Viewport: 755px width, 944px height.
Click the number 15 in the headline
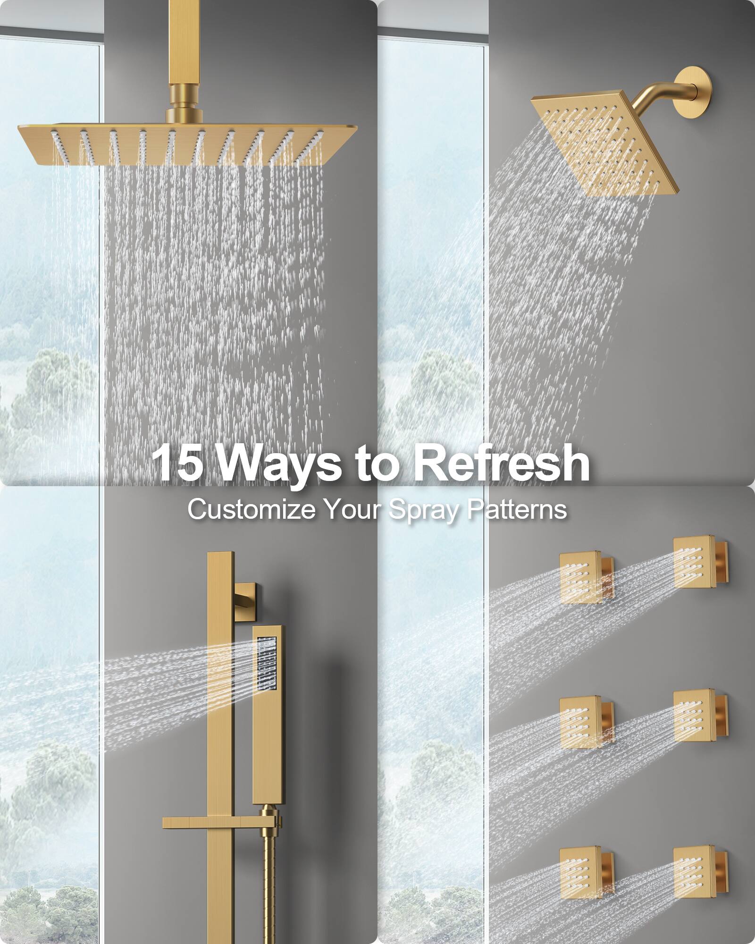(x=178, y=463)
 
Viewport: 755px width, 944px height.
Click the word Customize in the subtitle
(x=251, y=510)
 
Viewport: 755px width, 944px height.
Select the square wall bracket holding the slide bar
(x=245, y=598)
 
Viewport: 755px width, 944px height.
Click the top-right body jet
(x=694, y=562)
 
